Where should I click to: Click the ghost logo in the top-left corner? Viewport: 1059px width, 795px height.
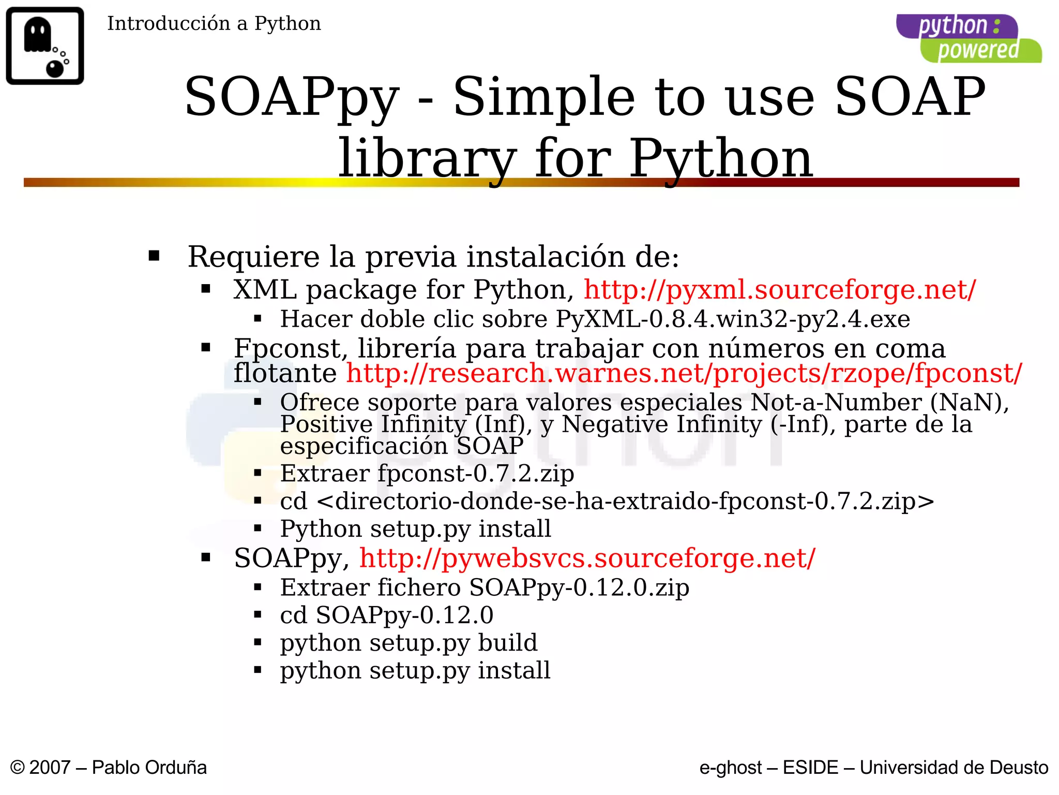coord(45,46)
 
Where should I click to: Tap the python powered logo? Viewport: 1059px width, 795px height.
coord(969,39)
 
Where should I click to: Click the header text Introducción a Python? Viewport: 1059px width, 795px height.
coord(214,24)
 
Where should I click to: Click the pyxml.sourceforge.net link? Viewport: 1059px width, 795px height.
coord(780,290)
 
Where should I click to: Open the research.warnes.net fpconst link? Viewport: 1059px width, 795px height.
coord(684,373)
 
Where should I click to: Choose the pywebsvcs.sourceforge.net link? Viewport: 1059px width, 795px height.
coord(587,558)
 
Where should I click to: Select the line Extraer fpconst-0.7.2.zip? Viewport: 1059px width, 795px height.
coord(427,474)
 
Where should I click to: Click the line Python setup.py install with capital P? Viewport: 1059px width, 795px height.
coord(415,529)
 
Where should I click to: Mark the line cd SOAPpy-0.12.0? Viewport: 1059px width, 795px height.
coord(386,615)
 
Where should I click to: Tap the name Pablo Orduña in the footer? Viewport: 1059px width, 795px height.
coord(149,768)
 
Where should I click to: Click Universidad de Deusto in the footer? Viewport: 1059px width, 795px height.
coord(954,768)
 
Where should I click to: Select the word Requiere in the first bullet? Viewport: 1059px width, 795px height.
coord(254,257)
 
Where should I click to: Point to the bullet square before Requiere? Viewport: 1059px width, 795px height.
coord(154,256)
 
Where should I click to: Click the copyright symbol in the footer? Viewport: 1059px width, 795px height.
coord(18,768)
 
